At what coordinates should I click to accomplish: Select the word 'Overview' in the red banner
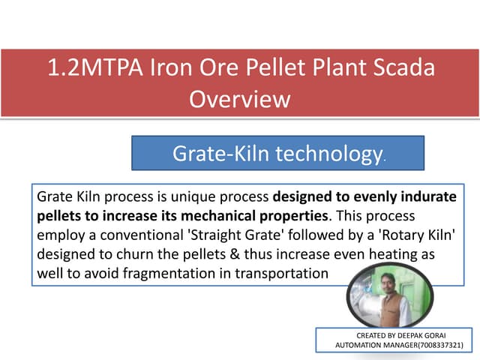[x=239, y=99]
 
